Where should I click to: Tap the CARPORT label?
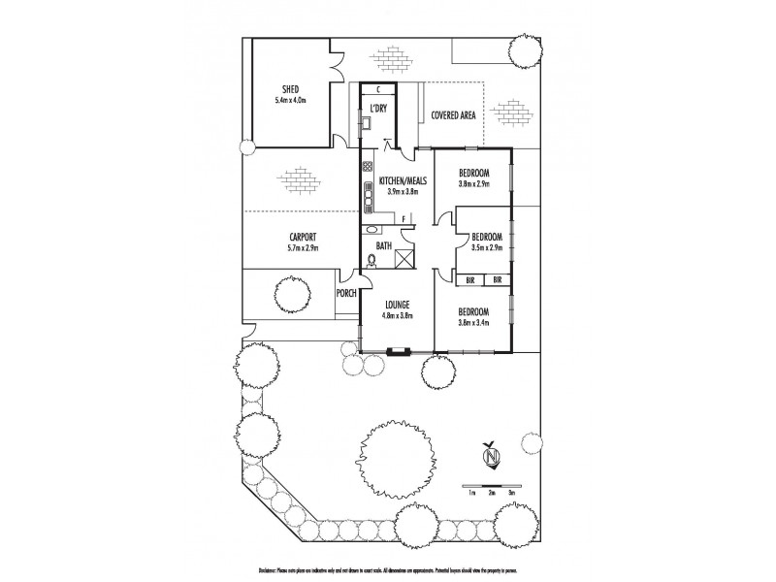[x=304, y=238]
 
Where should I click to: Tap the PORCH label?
[x=346, y=292]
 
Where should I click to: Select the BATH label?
[x=383, y=246]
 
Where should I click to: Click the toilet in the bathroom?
[x=371, y=260]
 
